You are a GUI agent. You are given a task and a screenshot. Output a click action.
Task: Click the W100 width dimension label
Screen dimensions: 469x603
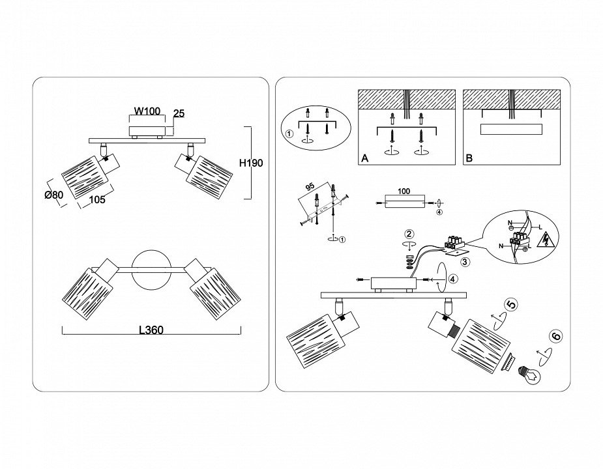(x=147, y=111)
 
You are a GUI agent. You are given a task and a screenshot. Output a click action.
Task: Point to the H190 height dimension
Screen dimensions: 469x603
(x=252, y=163)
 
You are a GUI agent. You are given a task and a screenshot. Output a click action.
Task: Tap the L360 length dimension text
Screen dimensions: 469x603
(x=151, y=330)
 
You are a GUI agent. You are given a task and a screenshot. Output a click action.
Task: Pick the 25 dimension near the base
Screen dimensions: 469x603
(x=179, y=113)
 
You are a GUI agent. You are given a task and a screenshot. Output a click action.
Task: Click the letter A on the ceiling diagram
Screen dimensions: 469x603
(x=365, y=158)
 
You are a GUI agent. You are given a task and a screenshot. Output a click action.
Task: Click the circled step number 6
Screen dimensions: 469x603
(x=555, y=337)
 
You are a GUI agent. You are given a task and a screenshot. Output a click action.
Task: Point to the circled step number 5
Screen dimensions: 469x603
(x=512, y=304)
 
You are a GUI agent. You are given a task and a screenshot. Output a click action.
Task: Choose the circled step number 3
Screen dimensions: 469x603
(x=465, y=262)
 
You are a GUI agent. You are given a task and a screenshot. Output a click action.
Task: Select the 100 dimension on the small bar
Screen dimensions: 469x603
(x=404, y=192)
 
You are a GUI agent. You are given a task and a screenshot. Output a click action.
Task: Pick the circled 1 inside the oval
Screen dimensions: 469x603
(x=289, y=135)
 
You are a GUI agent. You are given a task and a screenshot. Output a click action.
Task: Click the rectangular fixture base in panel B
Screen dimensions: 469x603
(x=510, y=129)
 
